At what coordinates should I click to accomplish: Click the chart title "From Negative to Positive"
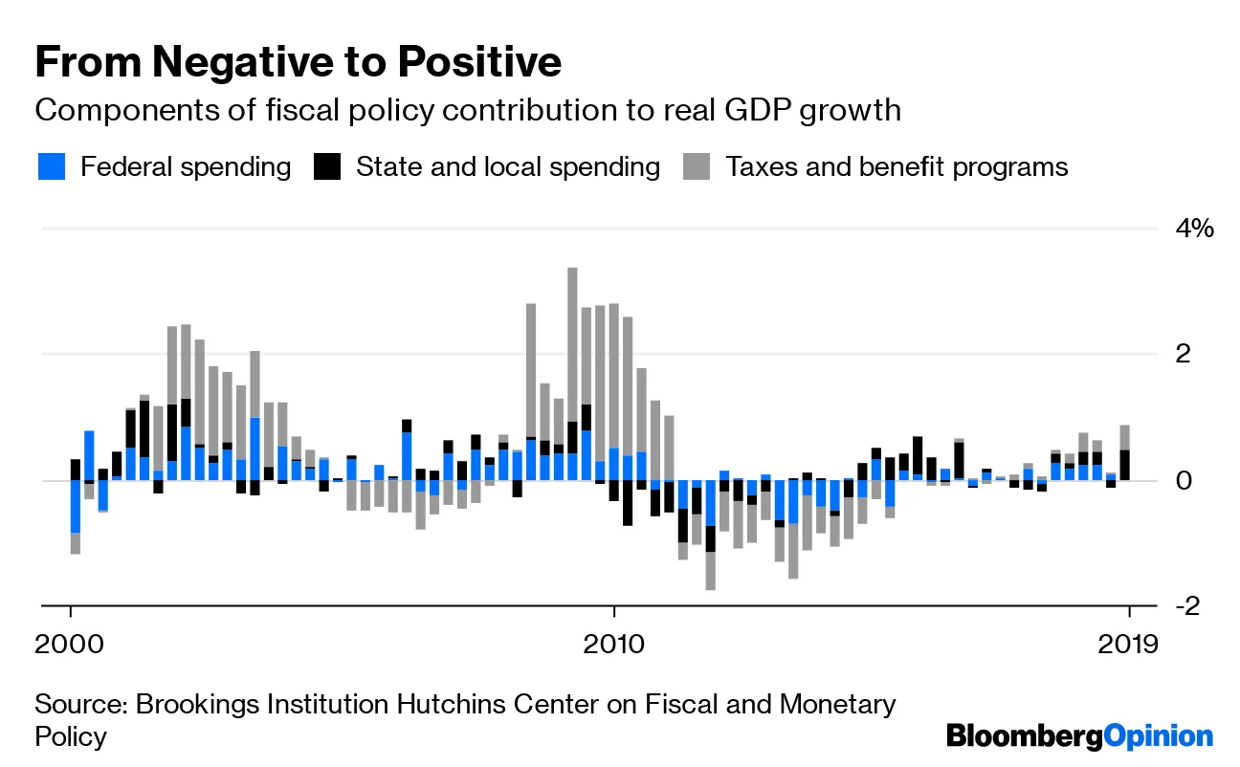pos(298,62)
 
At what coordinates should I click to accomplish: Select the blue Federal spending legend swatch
pos(52,167)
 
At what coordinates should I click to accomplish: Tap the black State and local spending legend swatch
pos(327,167)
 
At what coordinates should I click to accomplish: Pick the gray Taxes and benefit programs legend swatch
pos(697,167)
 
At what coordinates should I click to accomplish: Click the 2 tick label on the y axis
pos(1184,354)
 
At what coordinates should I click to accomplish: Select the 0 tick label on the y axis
pos(1184,480)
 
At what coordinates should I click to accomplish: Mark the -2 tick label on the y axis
pos(1180,606)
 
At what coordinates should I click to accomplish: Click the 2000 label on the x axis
pos(71,642)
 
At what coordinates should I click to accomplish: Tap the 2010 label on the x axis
pos(613,642)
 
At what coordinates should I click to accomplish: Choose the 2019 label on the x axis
pos(1129,642)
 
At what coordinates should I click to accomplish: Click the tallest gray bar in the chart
pos(572,344)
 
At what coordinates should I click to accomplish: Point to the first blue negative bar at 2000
pos(75,506)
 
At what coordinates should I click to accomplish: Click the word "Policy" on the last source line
pos(71,737)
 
